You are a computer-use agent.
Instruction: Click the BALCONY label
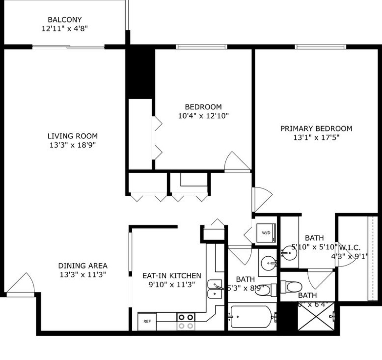[65, 20]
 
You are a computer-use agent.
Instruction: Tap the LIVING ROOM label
[73, 136]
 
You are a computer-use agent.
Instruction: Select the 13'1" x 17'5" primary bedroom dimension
[316, 137]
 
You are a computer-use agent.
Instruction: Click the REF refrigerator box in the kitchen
[147, 321]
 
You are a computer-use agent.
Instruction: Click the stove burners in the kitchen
[186, 321]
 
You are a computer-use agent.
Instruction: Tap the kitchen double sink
[215, 289]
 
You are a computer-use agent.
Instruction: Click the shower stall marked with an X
[315, 316]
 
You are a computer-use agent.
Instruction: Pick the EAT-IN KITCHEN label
[172, 276]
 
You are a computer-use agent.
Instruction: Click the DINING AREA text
[83, 266]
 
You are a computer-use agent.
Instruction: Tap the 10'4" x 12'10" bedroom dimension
[203, 116]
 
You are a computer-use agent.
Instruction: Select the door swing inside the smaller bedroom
[237, 162]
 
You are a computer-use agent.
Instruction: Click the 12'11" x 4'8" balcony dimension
[65, 29]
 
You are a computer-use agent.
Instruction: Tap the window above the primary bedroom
[320, 47]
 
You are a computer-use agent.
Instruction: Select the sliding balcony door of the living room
[69, 47]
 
